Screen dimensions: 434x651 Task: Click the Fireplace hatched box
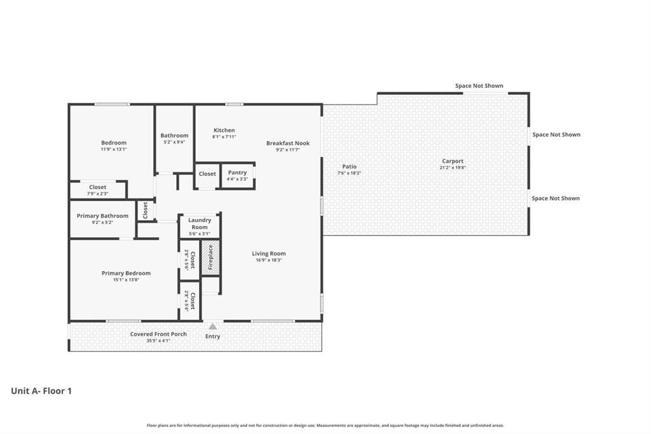(x=210, y=258)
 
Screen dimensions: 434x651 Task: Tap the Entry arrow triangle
(x=213, y=326)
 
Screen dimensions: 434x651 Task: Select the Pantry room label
(x=237, y=172)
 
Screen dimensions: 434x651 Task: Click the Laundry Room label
(x=200, y=223)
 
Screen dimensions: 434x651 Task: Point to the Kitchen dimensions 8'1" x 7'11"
(x=224, y=137)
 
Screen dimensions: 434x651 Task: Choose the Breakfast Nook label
(x=288, y=143)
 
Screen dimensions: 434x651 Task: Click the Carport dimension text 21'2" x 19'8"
(x=453, y=168)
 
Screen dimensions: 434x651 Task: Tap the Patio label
(x=349, y=167)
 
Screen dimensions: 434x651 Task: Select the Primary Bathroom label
(x=102, y=216)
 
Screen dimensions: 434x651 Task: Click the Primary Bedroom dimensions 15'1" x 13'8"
(x=126, y=280)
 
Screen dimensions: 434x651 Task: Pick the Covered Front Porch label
(x=158, y=334)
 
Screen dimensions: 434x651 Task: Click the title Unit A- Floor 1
(x=41, y=391)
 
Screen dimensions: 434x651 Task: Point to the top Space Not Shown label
(x=479, y=86)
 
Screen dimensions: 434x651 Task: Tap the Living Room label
(x=269, y=253)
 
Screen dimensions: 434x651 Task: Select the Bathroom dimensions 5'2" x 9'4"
(x=174, y=142)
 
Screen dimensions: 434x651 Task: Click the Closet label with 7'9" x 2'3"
(x=98, y=187)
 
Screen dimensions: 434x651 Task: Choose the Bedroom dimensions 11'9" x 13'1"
(x=114, y=149)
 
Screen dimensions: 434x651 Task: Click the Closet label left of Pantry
(x=207, y=174)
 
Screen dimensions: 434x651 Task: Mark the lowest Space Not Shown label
(x=556, y=199)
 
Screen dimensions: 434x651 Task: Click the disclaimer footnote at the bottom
(x=325, y=425)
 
